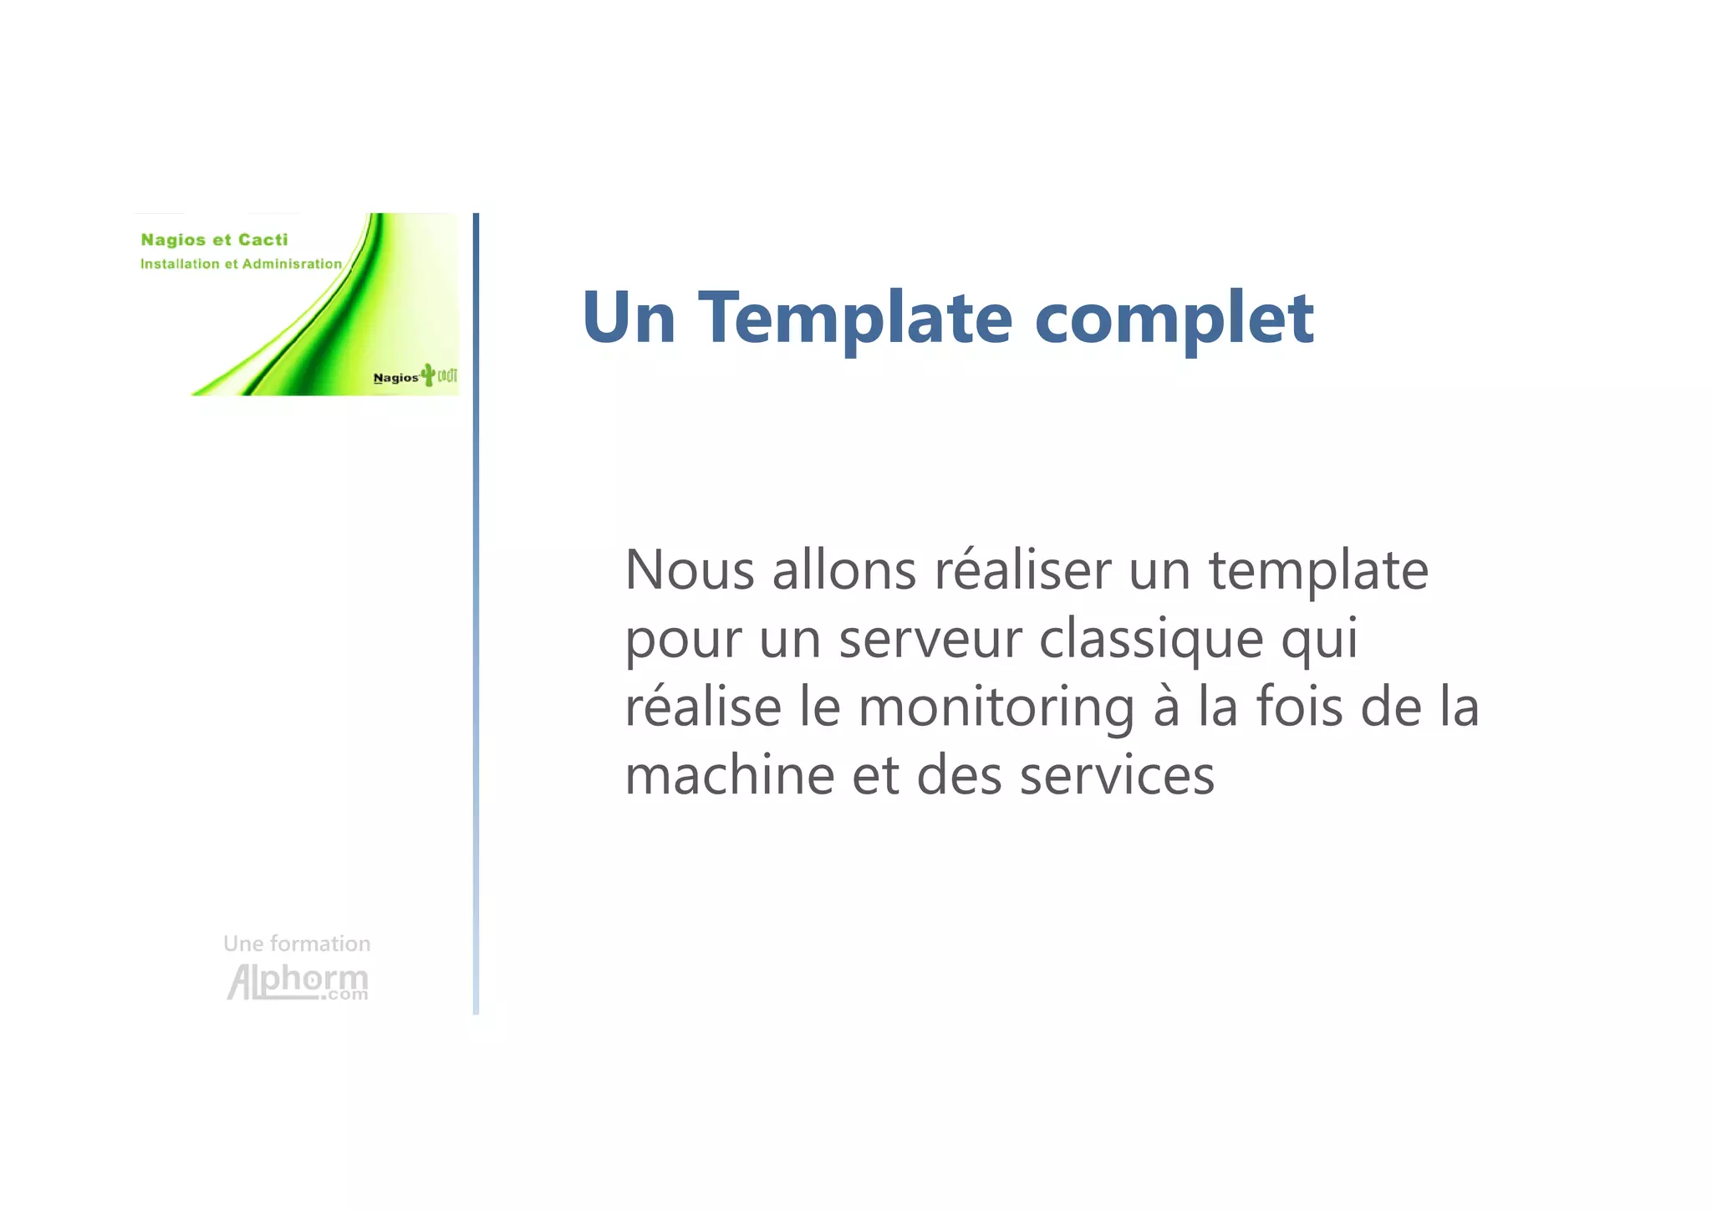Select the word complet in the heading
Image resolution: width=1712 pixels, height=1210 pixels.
[1174, 319]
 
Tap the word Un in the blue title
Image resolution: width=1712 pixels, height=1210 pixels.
[629, 318]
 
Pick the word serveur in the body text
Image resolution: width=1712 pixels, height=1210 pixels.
[930, 640]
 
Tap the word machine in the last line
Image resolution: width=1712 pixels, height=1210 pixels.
[730, 775]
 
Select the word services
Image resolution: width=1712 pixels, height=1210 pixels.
[1117, 775]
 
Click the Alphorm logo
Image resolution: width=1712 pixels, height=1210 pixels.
[298, 982]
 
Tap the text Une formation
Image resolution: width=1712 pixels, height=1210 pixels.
[297, 943]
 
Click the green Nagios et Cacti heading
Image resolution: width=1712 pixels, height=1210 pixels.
[214, 240]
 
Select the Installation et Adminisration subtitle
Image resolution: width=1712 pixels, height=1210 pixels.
[241, 264]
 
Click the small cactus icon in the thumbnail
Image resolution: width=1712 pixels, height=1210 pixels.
[429, 374]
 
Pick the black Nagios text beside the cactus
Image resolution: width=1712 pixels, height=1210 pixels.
[395, 378]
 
